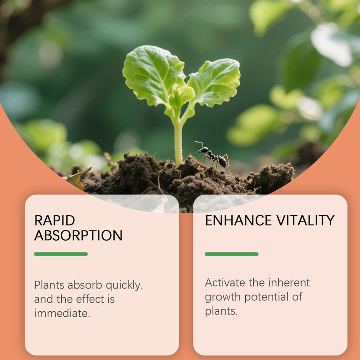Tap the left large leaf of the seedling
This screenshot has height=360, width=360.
pyautogui.click(x=151, y=74)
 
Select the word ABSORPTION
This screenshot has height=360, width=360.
pyautogui.click(x=78, y=235)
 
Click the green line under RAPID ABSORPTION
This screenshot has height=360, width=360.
pyautogui.click(x=61, y=254)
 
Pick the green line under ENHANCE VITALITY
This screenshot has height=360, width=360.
pyautogui.click(x=231, y=254)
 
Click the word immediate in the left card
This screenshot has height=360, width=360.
pyautogui.click(x=62, y=313)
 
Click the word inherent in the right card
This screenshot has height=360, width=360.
pyautogui.click(x=289, y=283)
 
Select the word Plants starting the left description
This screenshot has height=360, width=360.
pyautogui.click(x=49, y=285)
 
